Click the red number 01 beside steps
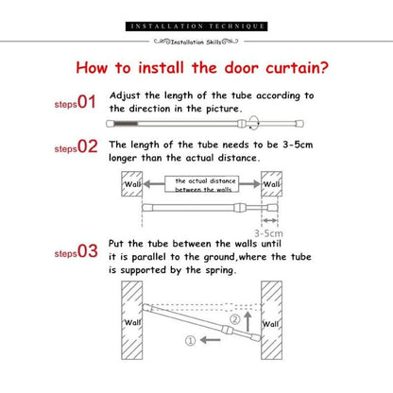click(88, 100)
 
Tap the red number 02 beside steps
click(88, 147)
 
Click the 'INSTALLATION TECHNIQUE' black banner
click(197, 25)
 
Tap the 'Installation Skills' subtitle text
click(196, 41)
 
